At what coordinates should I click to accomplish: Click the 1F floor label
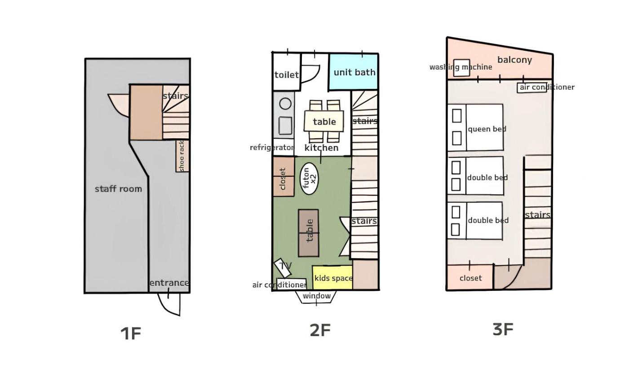(131, 334)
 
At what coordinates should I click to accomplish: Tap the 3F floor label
(503, 329)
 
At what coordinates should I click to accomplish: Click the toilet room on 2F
(287, 72)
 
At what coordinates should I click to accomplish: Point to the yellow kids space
(332, 278)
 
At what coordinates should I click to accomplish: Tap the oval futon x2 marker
(309, 178)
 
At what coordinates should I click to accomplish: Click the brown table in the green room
(308, 233)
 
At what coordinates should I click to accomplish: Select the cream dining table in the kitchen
(324, 121)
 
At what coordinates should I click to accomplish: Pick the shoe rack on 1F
(182, 156)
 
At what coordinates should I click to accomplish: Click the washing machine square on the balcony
(462, 68)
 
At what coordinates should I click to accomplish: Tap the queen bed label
(487, 129)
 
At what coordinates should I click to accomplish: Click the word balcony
(514, 60)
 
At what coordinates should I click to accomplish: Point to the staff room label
(118, 189)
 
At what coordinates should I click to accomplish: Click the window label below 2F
(317, 296)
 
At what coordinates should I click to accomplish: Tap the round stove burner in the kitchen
(285, 104)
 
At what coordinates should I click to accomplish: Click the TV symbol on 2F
(283, 268)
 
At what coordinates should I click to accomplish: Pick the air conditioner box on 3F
(532, 88)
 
